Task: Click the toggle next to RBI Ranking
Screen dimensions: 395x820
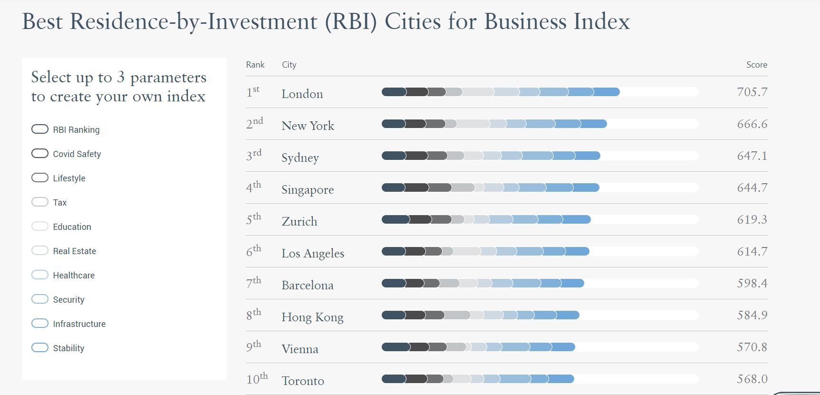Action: [40, 129]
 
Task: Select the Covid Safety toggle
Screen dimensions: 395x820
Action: [40, 154]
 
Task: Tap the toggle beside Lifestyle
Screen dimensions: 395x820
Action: [40, 178]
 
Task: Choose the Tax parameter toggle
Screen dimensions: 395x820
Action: [40, 202]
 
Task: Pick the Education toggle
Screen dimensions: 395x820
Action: [40, 227]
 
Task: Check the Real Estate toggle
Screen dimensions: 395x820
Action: [40, 251]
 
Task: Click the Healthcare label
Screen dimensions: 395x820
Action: [74, 275]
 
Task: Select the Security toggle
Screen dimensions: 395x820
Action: [40, 299]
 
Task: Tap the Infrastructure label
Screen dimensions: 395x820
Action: [79, 324]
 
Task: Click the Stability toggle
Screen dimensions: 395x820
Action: [40, 348]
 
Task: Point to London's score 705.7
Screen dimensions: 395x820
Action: [752, 92]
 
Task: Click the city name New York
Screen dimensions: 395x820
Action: [308, 126]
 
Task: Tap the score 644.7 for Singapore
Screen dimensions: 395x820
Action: [752, 188]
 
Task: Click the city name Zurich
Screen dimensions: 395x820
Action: [299, 221]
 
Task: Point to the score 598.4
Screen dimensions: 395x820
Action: [752, 283]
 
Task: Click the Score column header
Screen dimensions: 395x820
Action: [756, 65]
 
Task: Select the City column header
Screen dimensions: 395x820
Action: [289, 65]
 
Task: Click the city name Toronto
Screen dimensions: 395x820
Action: [303, 381]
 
